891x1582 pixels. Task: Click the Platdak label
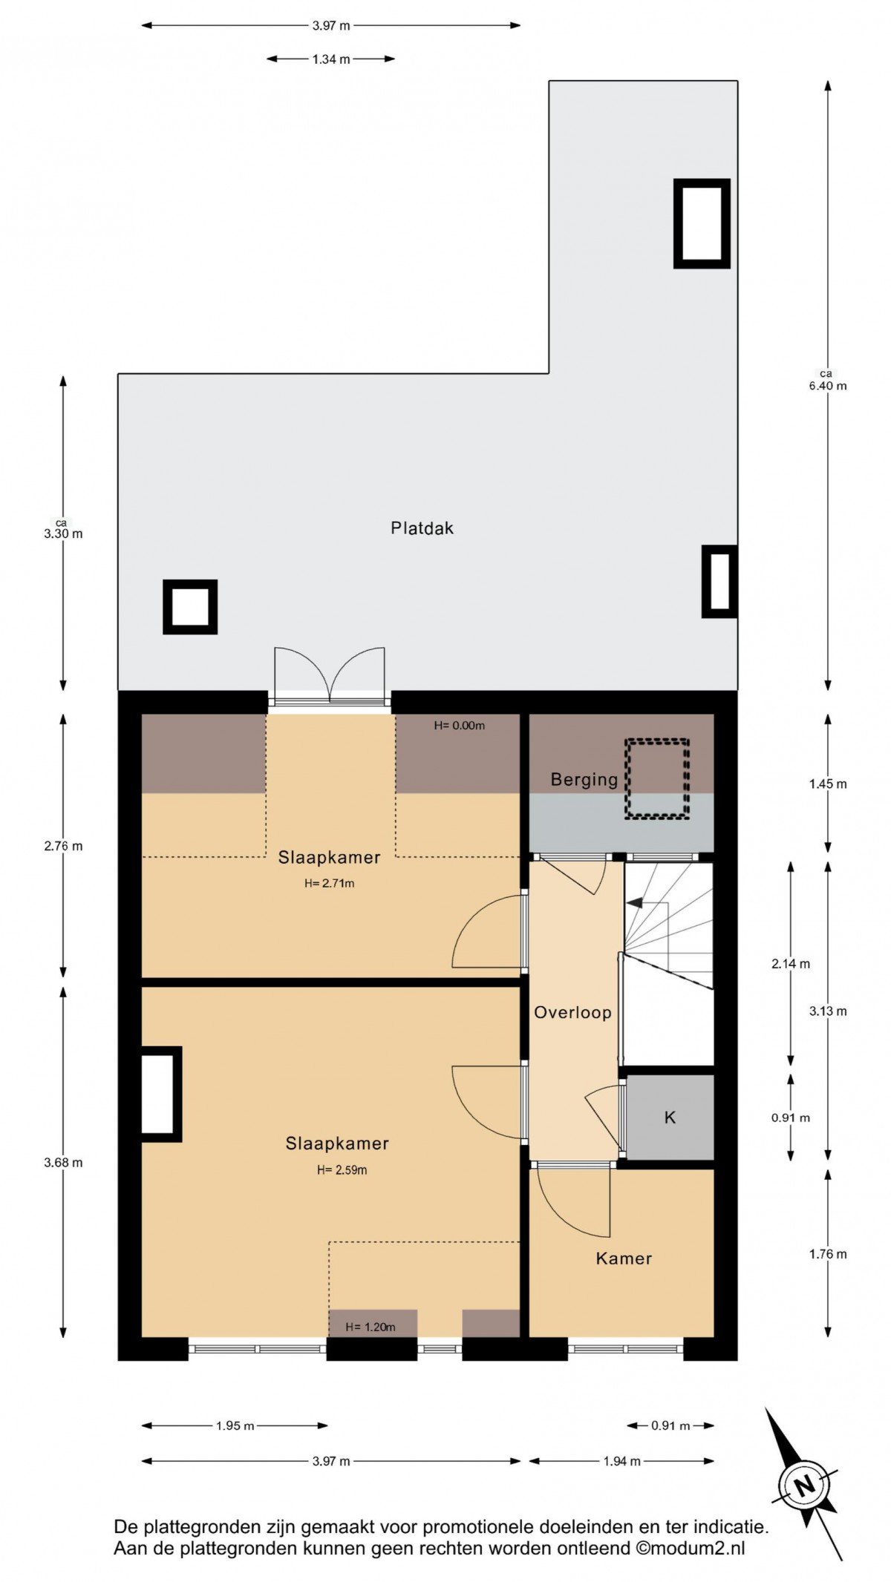tap(422, 528)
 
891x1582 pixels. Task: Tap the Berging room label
tap(584, 780)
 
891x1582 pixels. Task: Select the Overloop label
tap(572, 1012)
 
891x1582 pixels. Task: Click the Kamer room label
tap(624, 1258)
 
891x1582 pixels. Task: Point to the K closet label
tap(670, 1117)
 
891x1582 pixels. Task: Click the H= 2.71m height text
tap(329, 883)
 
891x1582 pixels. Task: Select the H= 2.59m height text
tap(342, 1170)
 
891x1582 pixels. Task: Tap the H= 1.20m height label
tap(370, 1327)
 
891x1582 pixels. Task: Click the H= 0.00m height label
tap(460, 725)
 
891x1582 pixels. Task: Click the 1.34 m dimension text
tap(331, 59)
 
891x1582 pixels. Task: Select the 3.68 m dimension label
tap(63, 1163)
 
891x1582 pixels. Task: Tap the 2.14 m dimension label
tap(791, 964)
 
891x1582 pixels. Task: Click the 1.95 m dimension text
tap(235, 1425)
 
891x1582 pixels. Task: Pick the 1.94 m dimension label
tap(621, 1461)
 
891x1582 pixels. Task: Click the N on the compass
tap(803, 1486)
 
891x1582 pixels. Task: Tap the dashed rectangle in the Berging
tap(656, 778)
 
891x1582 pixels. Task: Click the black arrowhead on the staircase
tap(634, 902)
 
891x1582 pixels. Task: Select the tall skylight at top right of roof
tap(702, 223)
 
